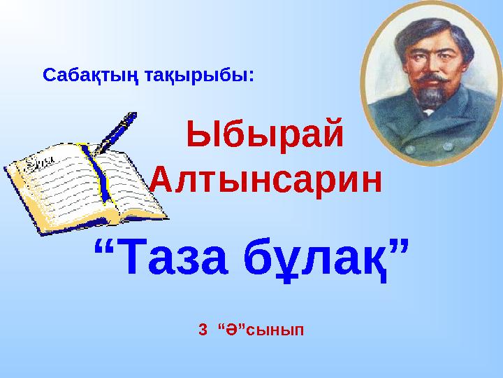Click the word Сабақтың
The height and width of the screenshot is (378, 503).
click(90, 76)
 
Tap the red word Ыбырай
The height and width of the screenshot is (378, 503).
click(265, 134)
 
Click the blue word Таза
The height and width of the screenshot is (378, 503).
click(173, 256)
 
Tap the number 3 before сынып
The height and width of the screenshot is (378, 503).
click(203, 330)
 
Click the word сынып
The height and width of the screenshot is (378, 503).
click(275, 331)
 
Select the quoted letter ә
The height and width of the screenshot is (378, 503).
click(231, 330)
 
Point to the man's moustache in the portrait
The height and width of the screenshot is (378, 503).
click(433, 78)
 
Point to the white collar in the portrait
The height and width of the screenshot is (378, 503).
click(428, 112)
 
